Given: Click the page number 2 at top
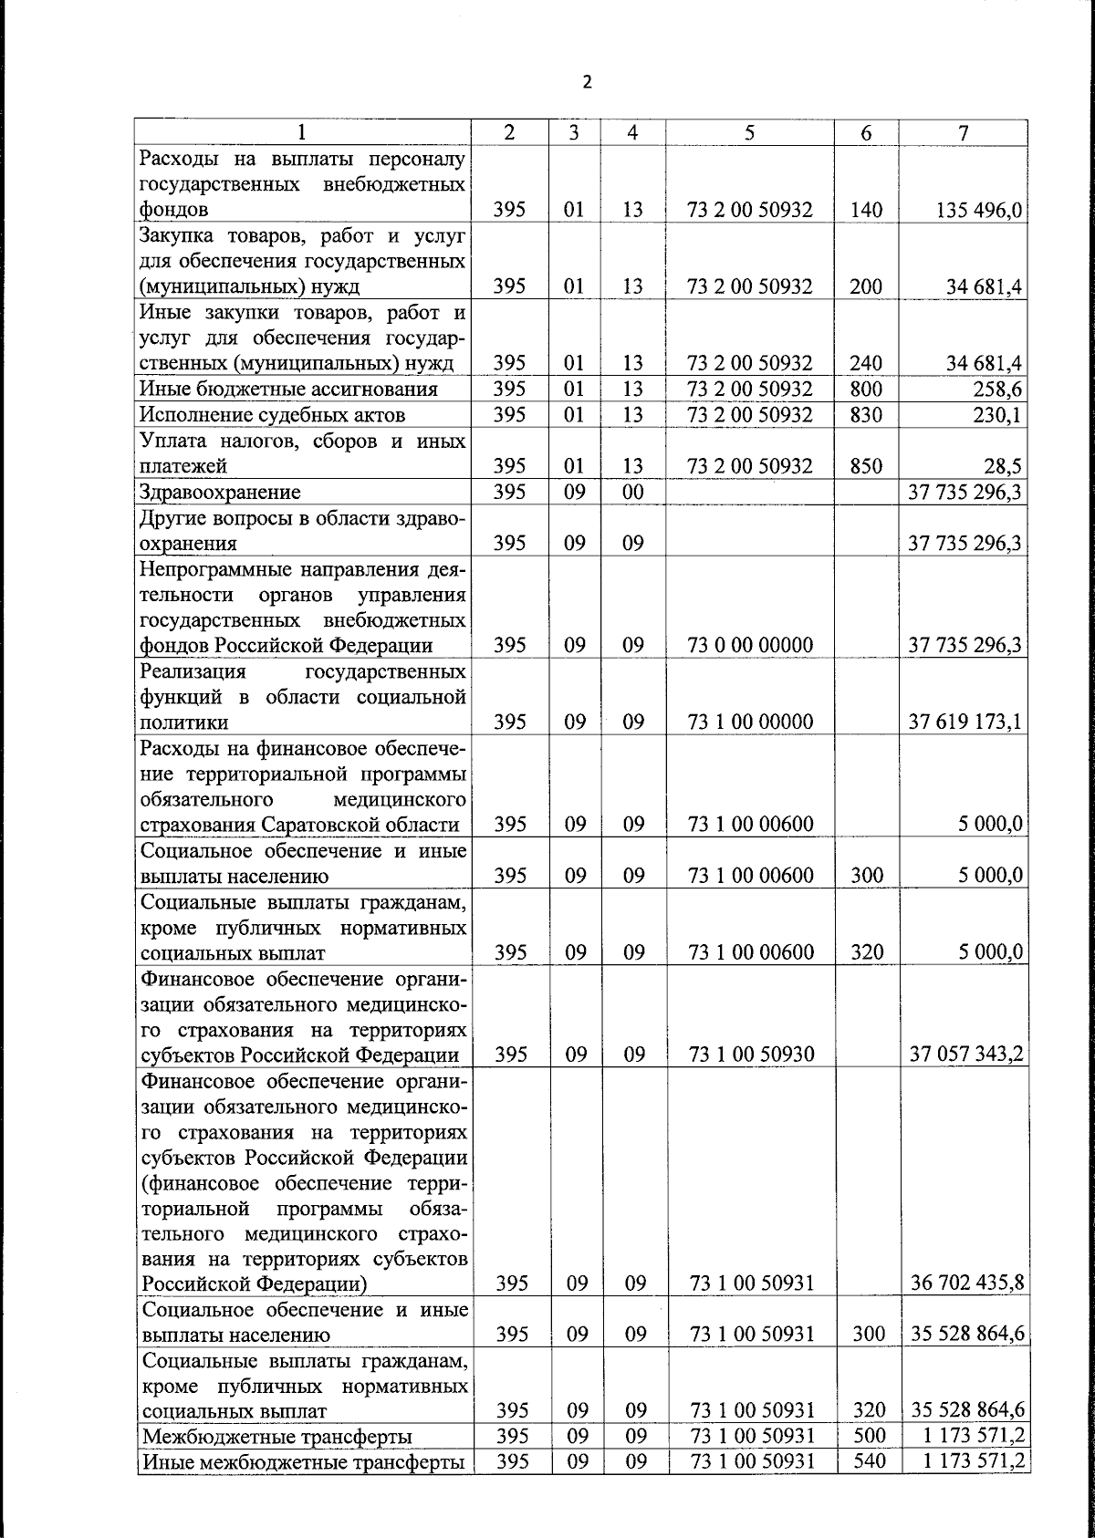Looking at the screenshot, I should click(587, 82).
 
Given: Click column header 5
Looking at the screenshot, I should click(749, 132).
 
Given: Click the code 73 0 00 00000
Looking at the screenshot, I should click(751, 646).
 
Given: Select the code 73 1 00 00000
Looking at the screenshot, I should click(751, 722).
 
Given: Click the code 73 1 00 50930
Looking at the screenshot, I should click(751, 1055).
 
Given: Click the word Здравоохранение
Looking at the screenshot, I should click(220, 493).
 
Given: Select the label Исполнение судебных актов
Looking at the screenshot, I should click(272, 415).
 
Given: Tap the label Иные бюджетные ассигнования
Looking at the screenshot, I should click(288, 390).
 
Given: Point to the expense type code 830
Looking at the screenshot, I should click(865, 415).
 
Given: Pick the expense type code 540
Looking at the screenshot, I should click(867, 1462).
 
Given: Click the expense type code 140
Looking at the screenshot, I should click(865, 210).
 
